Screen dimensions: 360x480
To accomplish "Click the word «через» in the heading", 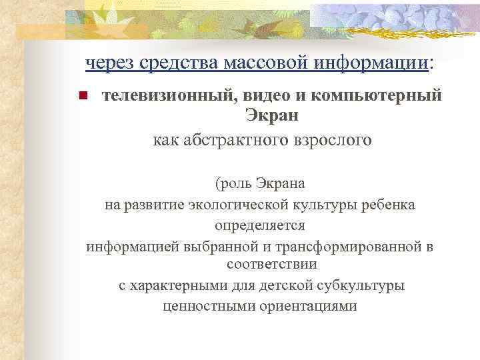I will pyautogui.click(x=105, y=63).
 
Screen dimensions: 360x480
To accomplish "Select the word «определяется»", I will pyautogui.click(x=260, y=225).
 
